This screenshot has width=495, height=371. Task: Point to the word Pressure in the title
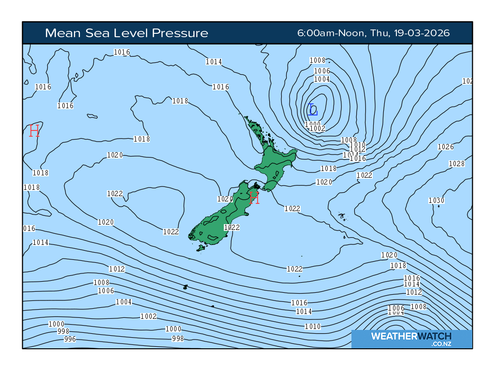[180, 33]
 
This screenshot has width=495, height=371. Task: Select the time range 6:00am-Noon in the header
[332, 33]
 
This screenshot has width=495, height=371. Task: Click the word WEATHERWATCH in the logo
[411, 336]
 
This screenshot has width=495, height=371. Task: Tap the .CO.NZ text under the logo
[441, 343]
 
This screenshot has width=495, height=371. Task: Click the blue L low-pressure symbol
[312, 110]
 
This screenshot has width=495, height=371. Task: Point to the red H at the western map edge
[34, 130]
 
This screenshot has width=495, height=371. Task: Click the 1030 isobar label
[436, 200]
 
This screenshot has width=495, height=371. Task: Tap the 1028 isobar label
[456, 164]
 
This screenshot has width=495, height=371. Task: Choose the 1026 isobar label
[445, 147]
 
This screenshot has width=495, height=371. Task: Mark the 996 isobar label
[70, 339]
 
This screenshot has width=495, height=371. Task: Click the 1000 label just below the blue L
[313, 124]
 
